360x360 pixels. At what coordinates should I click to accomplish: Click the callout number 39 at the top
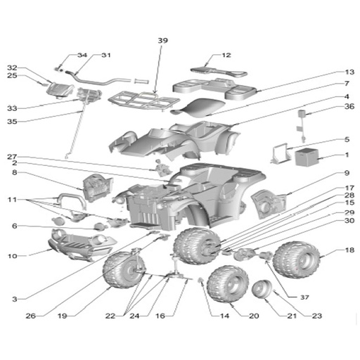tap(162, 41)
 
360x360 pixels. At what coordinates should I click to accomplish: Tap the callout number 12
tap(226, 55)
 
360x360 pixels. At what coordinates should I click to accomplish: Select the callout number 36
tap(349, 106)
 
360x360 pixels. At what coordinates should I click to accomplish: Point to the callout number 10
tap(13, 256)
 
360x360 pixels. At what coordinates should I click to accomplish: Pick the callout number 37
tap(304, 297)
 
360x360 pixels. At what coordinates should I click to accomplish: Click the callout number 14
tap(224, 316)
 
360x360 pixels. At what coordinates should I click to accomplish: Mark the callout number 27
tap(12, 156)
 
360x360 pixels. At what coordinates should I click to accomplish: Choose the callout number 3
tap(15, 299)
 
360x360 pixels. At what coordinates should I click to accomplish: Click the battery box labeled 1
tap(307, 157)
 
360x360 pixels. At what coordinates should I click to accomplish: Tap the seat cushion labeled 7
tap(198, 108)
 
